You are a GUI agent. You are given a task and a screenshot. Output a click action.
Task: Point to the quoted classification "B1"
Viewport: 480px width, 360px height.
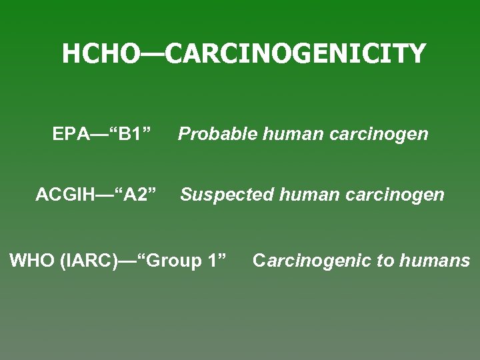[x=135, y=134]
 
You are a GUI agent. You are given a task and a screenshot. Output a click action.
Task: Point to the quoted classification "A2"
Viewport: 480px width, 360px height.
[x=136, y=195]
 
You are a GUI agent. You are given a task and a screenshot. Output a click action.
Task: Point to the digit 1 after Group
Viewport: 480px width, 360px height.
[x=213, y=260]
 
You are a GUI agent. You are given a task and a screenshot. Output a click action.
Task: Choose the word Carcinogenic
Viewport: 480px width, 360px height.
[x=311, y=261]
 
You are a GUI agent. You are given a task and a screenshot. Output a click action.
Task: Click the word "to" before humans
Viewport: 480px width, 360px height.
[x=385, y=261]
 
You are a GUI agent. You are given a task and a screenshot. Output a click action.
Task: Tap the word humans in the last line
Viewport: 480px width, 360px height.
[x=435, y=261]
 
